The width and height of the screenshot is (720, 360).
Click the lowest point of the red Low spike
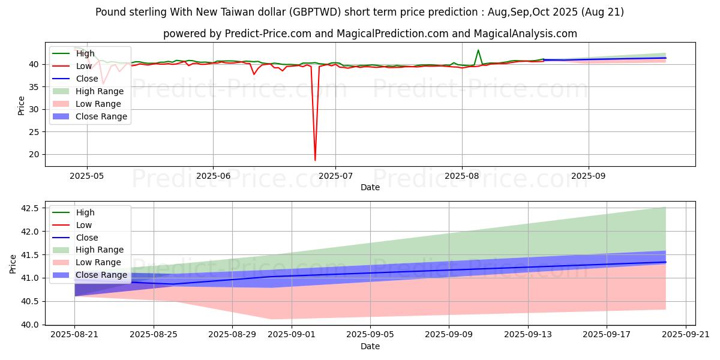point(315,160)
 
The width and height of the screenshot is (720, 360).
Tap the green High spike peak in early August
point(478,50)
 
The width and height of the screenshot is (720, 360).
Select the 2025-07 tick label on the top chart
point(335,176)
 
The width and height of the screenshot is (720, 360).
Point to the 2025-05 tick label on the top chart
point(87,176)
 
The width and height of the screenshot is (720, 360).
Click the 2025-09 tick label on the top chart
point(588,176)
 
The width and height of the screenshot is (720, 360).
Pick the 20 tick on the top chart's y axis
point(35,154)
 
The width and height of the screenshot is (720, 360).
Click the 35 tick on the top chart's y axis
point(35,87)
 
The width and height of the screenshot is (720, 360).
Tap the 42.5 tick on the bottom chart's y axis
point(30,208)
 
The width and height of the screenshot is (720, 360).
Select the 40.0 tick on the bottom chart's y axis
point(30,325)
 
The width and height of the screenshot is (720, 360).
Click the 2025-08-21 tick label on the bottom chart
point(74,335)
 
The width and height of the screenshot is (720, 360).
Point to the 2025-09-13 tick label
point(528,335)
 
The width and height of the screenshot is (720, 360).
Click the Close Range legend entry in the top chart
point(101,116)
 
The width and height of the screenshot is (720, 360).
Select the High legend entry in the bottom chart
point(85,212)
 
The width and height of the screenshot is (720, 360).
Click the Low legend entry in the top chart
point(83,66)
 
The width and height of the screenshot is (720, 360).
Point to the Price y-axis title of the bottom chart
point(13,263)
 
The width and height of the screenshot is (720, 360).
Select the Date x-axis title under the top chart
point(370,187)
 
